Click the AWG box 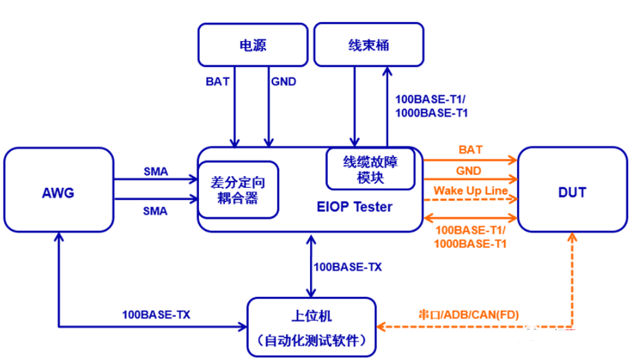pyautogui.click(x=58, y=192)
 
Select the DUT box pyautogui.click(x=572, y=192)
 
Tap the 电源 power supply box pyautogui.click(x=252, y=46)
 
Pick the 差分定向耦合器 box pyautogui.click(x=238, y=190)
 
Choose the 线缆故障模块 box pyautogui.click(x=370, y=169)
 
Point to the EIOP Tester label pyautogui.click(x=355, y=206)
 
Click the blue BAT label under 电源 pyautogui.click(x=217, y=81)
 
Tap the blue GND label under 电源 pyautogui.click(x=283, y=81)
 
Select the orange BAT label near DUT pyautogui.click(x=470, y=149)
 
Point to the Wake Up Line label pyautogui.click(x=470, y=190)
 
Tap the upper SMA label pyautogui.click(x=155, y=170)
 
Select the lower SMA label pyautogui.click(x=155, y=211)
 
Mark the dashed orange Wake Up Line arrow pyautogui.click(x=470, y=200)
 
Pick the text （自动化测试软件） pyautogui.click(x=311, y=340)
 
